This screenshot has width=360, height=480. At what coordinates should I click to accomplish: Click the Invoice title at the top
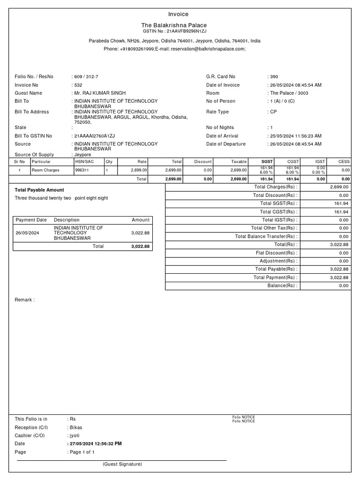pos(178,14)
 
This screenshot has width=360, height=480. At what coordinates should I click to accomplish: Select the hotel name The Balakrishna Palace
pos(174,25)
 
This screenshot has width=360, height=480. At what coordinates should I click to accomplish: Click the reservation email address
pos(208,49)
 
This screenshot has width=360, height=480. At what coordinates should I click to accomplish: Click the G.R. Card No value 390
pos(274,76)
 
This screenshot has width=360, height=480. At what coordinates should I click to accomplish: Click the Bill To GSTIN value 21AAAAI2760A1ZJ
pos(94,136)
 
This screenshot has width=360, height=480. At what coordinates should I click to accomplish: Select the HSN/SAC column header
pos(84,161)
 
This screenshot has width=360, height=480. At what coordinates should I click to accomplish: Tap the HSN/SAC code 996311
pos(82,170)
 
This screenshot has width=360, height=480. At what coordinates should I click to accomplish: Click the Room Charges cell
pos(45,170)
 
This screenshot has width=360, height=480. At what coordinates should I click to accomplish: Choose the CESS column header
pos(344,161)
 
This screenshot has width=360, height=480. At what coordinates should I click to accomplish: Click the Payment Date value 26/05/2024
pos(28,232)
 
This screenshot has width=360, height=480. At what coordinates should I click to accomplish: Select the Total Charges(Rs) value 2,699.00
pos(339,187)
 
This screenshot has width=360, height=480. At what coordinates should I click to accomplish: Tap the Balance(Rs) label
pos(282,285)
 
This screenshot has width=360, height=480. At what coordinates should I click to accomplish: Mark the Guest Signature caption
pos(122,464)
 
